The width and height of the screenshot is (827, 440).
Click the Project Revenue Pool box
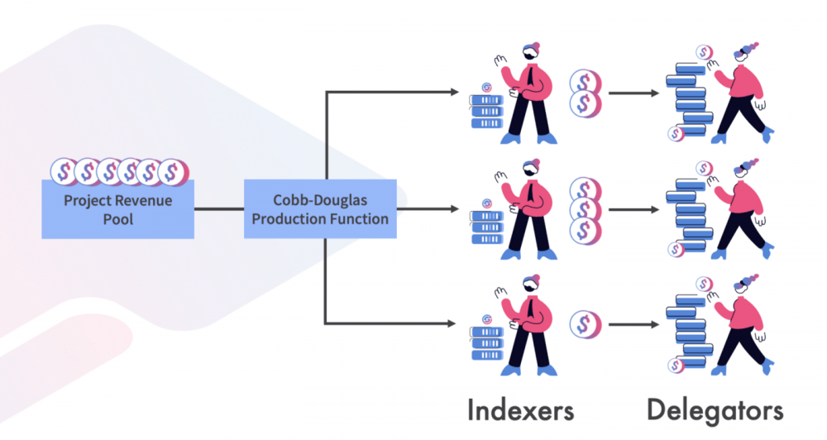(x=117, y=209)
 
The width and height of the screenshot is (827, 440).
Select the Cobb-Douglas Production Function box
(x=320, y=209)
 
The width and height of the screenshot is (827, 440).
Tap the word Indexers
(x=520, y=410)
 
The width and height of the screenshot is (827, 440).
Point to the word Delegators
(x=715, y=411)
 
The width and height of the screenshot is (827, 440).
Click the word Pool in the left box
(x=118, y=219)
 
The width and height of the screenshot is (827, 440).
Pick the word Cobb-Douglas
(x=320, y=200)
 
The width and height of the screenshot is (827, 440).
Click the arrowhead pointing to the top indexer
(x=455, y=93)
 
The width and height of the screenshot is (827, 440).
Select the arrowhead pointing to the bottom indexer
(x=452, y=323)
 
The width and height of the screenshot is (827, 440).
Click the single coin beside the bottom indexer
(x=585, y=324)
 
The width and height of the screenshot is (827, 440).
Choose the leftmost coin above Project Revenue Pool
(x=64, y=171)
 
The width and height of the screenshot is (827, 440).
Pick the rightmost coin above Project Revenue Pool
(x=173, y=171)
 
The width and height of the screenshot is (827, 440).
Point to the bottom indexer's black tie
(x=529, y=308)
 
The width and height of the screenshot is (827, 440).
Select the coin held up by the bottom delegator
(x=703, y=284)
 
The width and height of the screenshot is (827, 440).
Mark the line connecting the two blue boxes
(x=219, y=209)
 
